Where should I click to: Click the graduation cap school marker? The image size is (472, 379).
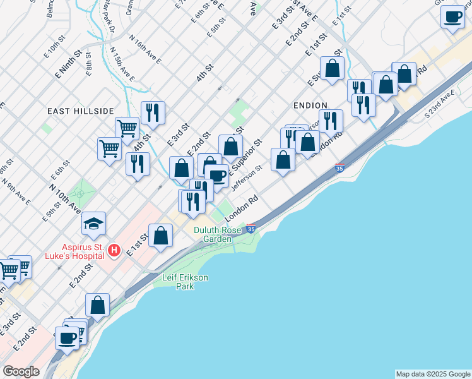click(93, 224)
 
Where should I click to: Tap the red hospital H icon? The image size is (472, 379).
click(114, 251)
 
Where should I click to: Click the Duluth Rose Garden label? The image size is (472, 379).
click(217, 235)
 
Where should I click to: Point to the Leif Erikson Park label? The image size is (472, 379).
click(185, 282)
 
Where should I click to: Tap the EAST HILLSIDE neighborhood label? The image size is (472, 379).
click(81, 111)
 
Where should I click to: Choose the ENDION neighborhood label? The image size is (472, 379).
click(310, 105)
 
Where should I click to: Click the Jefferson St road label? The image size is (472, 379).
click(247, 179)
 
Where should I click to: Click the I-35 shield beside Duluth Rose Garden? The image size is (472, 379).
click(251, 228)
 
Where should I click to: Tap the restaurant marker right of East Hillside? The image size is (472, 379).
click(153, 112)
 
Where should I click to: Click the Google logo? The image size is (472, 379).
click(21, 371)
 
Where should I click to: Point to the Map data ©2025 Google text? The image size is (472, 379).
click(433, 374)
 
